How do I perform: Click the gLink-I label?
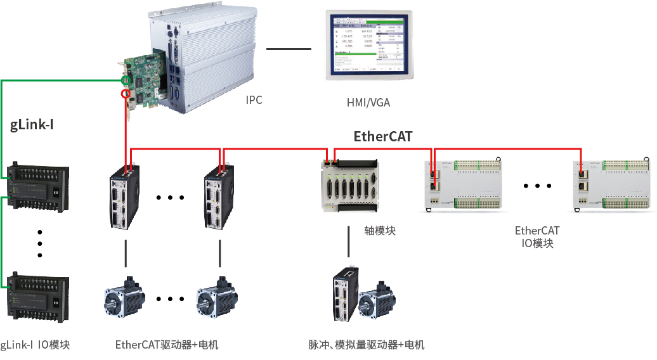(31, 124)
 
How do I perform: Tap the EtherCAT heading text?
(382, 136)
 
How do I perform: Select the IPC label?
(254, 100)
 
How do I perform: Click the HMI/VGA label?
(368, 102)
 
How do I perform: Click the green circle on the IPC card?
(127, 80)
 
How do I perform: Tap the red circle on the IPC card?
(126, 94)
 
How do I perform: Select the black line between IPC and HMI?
(289, 49)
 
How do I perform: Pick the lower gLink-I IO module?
(37, 295)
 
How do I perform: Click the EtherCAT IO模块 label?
(537, 237)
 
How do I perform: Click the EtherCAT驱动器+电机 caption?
(167, 345)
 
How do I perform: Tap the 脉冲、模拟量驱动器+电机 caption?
(367, 345)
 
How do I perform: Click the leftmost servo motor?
(123, 300)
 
